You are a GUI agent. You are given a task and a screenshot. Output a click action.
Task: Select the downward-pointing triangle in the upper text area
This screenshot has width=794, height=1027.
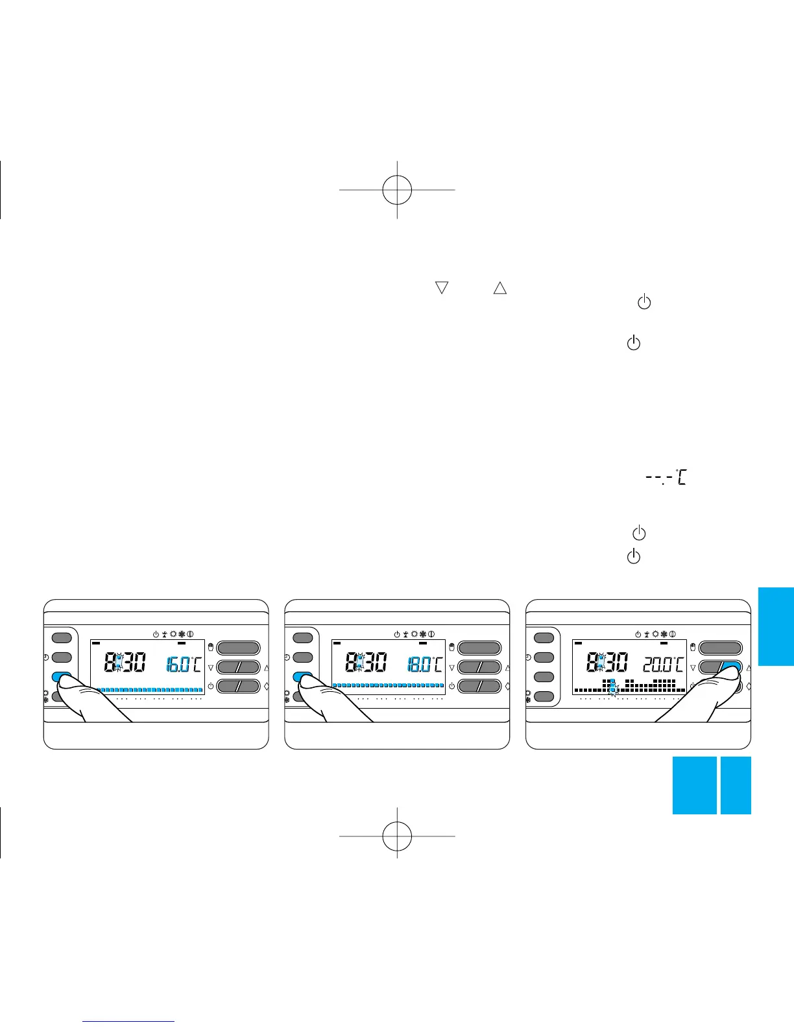coord(442,288)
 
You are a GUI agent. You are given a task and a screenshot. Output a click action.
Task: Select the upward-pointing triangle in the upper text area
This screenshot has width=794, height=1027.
coord(499,288)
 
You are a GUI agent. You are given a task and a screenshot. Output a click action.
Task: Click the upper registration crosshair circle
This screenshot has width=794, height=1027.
coord(397,189)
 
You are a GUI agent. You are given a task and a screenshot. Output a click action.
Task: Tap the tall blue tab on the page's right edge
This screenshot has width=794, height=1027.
coord(776,626)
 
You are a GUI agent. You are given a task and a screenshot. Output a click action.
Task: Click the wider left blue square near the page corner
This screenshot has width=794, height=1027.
coord(694,785)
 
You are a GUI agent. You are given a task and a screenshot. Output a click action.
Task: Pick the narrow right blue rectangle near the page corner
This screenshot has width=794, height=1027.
coord(736,785)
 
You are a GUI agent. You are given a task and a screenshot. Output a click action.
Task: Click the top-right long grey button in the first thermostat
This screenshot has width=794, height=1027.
coord(238,647)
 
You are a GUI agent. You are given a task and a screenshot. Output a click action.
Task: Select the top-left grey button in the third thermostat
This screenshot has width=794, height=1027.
coord(544,637)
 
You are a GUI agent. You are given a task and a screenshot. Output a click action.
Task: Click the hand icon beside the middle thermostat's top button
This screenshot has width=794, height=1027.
coord(451,646)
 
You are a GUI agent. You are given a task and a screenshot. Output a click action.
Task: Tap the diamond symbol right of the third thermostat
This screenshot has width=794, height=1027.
coord(749,685)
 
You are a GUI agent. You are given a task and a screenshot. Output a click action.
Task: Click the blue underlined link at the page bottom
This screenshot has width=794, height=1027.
coord(129,1022)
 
